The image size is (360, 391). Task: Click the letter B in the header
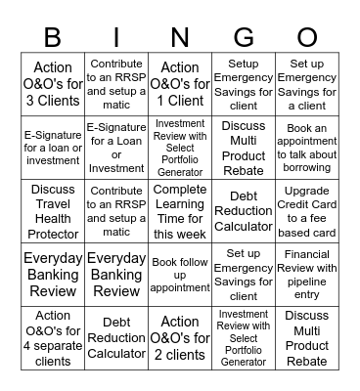coord(52,37)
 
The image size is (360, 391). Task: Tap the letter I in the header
coord(115,37)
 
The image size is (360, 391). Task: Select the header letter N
coord(179,37)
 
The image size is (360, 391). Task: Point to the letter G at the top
coord(243,37)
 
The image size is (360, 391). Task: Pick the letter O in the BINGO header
coord(307,37)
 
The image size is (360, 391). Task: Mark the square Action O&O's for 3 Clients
coord(52,85)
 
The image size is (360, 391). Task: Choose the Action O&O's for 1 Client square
coord(179,85)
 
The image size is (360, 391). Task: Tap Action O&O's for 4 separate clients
coord(52,338)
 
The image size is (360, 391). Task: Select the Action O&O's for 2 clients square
coord(179,338)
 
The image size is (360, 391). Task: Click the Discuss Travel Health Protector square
coord(52,211)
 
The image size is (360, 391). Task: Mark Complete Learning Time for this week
coord(179,211)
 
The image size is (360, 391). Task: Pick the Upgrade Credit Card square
coord(307,211)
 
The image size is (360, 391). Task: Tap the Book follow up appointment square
coord(179,275)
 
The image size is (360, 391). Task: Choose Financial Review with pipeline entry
coord(307,275)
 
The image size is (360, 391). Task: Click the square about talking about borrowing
coord(307,148)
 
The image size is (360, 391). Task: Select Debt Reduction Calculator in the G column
coord(243,211)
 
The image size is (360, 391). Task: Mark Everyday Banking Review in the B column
coord(52,275)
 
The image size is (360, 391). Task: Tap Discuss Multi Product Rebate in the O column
coord(307,338)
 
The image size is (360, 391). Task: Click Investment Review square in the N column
coord(179,148)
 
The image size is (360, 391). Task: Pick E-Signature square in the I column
coord(115,148)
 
